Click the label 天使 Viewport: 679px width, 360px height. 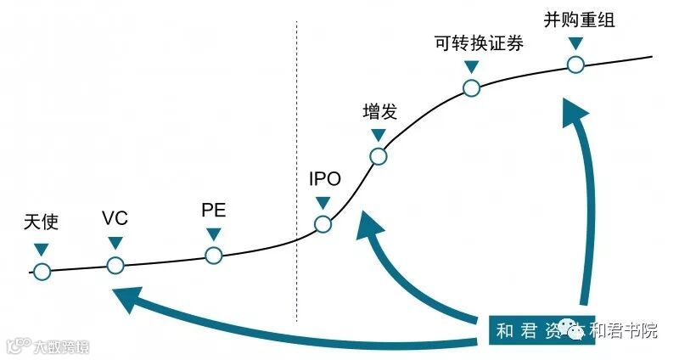coord(41,222)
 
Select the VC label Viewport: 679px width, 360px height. coord(115,218)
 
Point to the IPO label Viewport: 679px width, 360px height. coord(323,180)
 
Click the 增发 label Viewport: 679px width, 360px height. coord(379,111)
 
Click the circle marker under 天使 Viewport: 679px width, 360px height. coord(42,272)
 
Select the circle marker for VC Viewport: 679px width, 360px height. coord(115,266)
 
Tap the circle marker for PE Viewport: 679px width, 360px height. coord(213,255)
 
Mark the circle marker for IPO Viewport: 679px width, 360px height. coord(323,224)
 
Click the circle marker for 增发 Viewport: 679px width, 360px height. coord(379,156)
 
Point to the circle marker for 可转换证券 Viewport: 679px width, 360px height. coord(472,87)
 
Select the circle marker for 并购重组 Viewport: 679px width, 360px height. coord(575,64)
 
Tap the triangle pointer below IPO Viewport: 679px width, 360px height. coord(323,203)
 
